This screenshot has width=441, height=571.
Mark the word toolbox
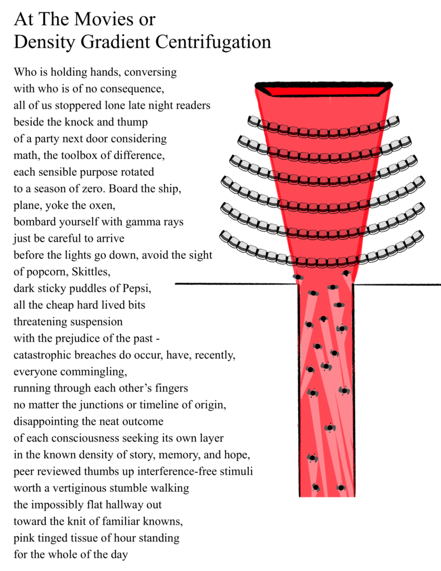73,154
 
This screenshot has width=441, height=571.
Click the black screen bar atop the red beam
323,87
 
